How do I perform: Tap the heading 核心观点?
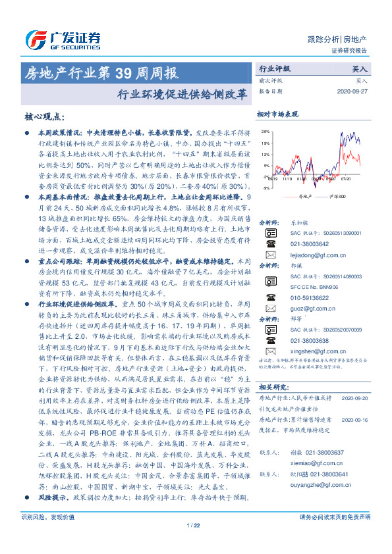(x=45, y=116)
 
